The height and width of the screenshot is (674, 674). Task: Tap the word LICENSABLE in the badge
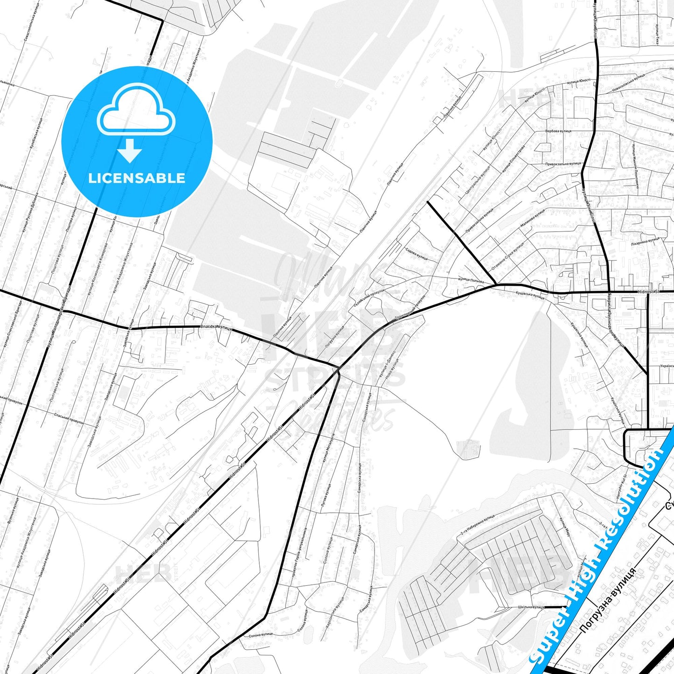point(137,178)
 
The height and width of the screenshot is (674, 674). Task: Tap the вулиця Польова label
point(471,280)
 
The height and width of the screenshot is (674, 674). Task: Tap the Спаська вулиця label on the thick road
point(215,328)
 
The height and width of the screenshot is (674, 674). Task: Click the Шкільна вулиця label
point(531,607)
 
